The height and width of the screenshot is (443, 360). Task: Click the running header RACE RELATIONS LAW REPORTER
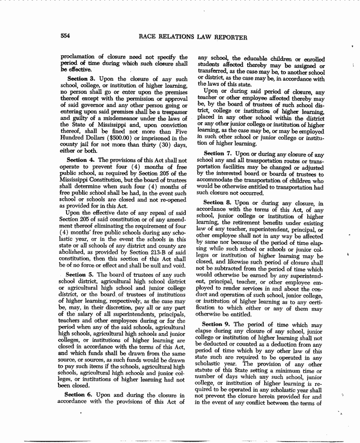[193, 37]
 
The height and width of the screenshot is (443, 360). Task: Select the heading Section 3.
[82, 78]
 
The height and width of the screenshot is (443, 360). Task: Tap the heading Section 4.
[82, 160]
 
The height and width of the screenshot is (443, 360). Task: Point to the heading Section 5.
[81, 274]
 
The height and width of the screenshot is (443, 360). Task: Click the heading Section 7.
[219, 154]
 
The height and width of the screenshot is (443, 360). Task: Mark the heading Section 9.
[219, 325]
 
